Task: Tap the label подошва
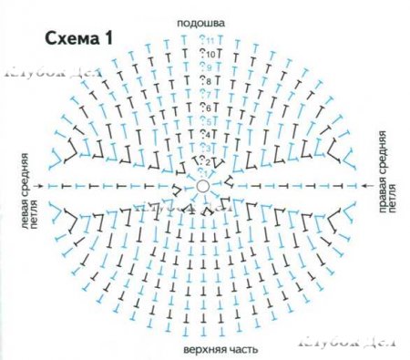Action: tap(201, 18)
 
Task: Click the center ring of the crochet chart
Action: tap(202, 186)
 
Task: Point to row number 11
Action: tap(210, 41)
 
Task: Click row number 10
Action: tap(210, 55)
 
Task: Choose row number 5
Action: tap(207, 121)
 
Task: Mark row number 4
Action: tap(206, 135)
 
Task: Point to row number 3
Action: tap(206, 148)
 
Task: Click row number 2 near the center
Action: tap(206, 162)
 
